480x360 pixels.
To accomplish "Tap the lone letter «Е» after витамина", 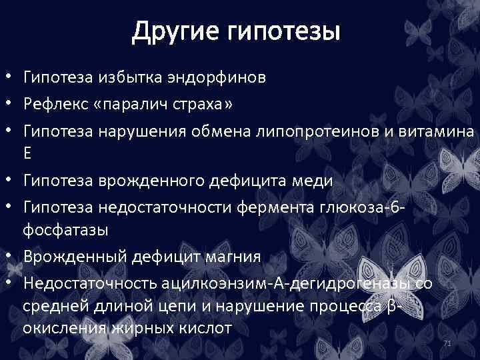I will pos(27,153).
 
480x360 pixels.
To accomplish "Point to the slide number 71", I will pos(447,343).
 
